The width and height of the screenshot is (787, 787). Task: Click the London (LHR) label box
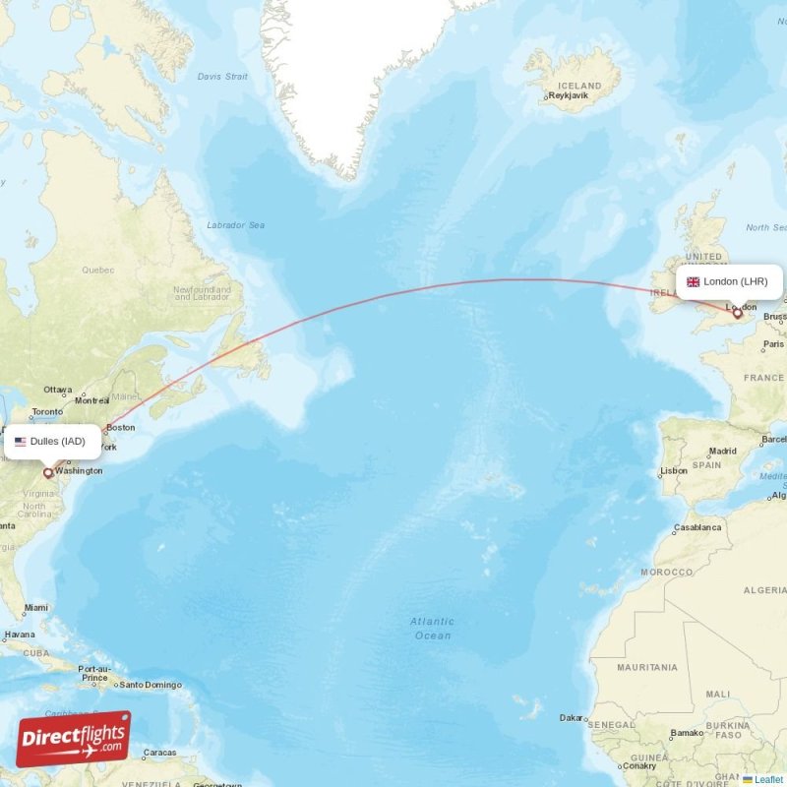(729, 281)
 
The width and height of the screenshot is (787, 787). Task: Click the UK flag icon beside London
(693, 281)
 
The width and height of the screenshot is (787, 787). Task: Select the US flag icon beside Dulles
(20, 441)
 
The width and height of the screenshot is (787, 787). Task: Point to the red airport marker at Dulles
(47, 472)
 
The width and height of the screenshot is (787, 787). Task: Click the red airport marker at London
(737, 314)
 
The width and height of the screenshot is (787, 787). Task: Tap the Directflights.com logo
(74, 739)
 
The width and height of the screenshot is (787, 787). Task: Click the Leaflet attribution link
(768, 779)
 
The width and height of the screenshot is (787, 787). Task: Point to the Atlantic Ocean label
(432, 629)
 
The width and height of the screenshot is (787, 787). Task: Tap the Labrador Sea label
(235, 225)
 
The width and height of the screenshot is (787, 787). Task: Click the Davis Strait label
(222, 76)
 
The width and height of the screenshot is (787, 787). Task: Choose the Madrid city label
(722, 452)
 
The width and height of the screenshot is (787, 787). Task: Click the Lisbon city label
(674, 471)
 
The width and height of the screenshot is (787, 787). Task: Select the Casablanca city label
(696, 527)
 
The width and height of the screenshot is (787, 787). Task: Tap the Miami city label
(35, 607)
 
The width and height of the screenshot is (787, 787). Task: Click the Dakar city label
(571, 718)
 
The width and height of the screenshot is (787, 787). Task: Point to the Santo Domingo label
(151, 684)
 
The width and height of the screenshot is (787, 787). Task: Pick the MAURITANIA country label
(647, 667)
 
